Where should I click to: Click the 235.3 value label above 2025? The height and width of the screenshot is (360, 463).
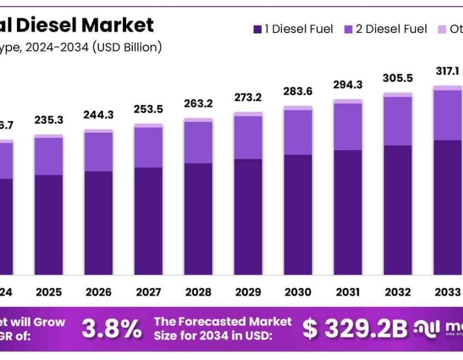pyautogui.click(x=49, y=120)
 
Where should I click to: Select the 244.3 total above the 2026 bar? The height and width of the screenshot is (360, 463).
pyautogui.click(x=99, y=115)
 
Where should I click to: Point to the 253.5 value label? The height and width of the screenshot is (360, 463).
pyautogui.click(x=149, y=109)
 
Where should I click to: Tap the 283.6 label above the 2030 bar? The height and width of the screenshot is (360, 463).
pyautogui.click(x=298, y=92)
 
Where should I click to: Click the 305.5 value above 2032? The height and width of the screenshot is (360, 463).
pyautogui.click(x=398, y=78)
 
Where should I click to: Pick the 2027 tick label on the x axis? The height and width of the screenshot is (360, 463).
pyautogui.click(x=149, y=292)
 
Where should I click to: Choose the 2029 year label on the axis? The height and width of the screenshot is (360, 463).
pyautogui.click(x=248, y=292)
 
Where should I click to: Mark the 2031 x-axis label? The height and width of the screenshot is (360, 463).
pyautogui.click(x=348, y=292)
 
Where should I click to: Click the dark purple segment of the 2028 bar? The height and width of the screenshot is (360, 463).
pyautogui.click(x=199, y=219)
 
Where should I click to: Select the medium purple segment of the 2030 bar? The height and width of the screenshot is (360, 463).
pyautogui.click(x=298, y=132)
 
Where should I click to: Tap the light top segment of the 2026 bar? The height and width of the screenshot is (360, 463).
pyautogui.click(x=99, y=131)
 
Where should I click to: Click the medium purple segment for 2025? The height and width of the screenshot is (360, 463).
pyautogui.click(x=49, y=156)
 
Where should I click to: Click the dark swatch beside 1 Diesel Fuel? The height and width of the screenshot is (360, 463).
pyautogui.click(x=257, y=29)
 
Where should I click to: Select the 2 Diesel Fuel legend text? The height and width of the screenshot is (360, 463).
pyautogui.click(x=391, y=29)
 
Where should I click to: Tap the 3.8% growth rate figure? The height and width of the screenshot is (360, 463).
pyautogui.click(x=112, y=328)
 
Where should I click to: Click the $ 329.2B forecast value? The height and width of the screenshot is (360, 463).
pyautogui.click(x=355, y=329)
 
